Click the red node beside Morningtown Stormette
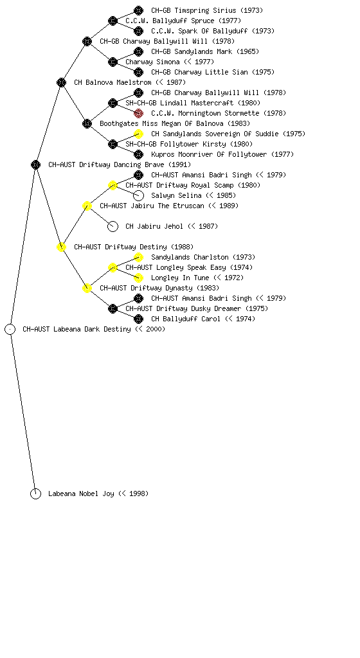pyautogui.click(x=138, y=113)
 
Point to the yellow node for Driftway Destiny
pyautogui.click(x=61, y=247)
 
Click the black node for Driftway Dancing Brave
pyautogui.click(x=35, y=165)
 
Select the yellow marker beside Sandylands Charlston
pyautogui.click(x=138, y=257)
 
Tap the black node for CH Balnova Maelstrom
pyautogui.click(x=61, y=83)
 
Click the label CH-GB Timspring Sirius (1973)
pyautogui.click(x=207, y=10)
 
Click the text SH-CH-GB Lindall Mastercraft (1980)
pyautogui.click(x=193, y=103)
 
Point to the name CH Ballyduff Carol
pyautogui.click(x=185, y=319)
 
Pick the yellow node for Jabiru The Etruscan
pyautogui.click(x=87, y=206)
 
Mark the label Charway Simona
pyautogui.click(x=152, y=62)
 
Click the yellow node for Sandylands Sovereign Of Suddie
pyautogui.click(x=138, y=134)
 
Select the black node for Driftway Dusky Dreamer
pyautogui.click(x=113, y=309)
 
